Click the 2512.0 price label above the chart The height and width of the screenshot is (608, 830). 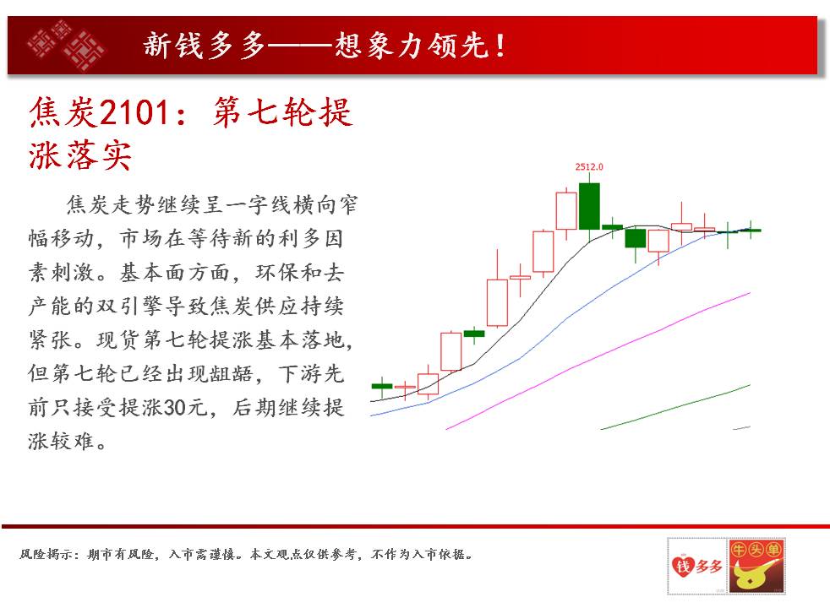coord(589,166)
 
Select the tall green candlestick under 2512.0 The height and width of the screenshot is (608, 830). coord(589,206)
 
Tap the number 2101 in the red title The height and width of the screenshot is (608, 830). coord(134,112)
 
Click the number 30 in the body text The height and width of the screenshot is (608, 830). coord(174,407)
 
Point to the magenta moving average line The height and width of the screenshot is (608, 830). coord(598,361)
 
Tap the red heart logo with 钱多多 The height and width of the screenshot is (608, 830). coord(697,566)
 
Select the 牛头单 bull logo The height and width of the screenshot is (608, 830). coord(756,566)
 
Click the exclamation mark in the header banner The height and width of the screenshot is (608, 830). coord(500,46)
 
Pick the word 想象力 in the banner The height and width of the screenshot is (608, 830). coord(382,46)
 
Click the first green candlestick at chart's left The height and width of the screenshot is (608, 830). coord(382,387)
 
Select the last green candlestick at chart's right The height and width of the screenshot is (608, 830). coord(751,230)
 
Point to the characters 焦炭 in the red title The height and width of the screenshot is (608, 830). coord(63,112)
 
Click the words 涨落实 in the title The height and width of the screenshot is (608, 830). coord(80,155)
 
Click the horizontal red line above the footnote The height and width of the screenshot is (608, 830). coord(416,526)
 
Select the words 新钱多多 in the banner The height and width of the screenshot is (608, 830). coord(205,46)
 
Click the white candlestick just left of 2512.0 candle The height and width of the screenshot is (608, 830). coord(566,211)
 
